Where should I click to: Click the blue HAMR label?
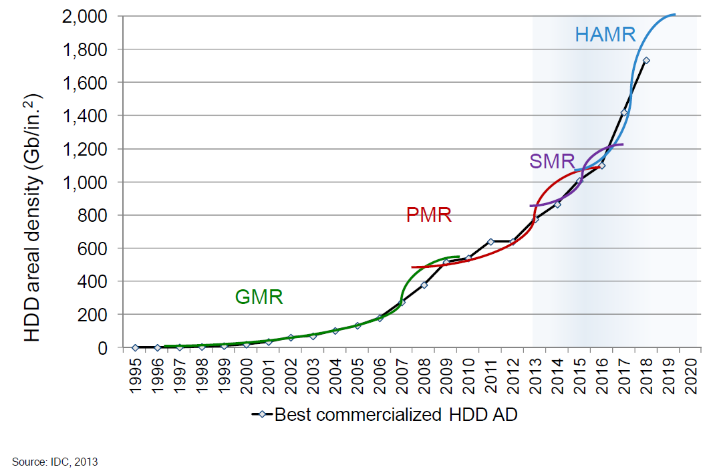tap(605, 35)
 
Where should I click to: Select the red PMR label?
tap(429, 215)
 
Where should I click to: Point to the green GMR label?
tap(259, 297)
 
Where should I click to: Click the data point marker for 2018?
tap(646, 60)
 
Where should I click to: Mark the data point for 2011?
tap(490, 241)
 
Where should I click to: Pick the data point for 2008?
tap(424, 285)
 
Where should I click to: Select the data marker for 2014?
tap(557, 204)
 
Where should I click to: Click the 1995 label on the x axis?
tap(135, 377)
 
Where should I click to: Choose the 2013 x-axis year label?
tap(535, 377)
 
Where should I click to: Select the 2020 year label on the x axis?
tap(691, 377)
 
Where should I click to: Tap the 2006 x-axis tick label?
tap(380, 377)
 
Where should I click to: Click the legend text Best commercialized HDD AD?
tap(396, 415)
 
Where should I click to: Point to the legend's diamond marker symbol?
tap(262, 415)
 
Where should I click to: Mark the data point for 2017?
tap(623, 112)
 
